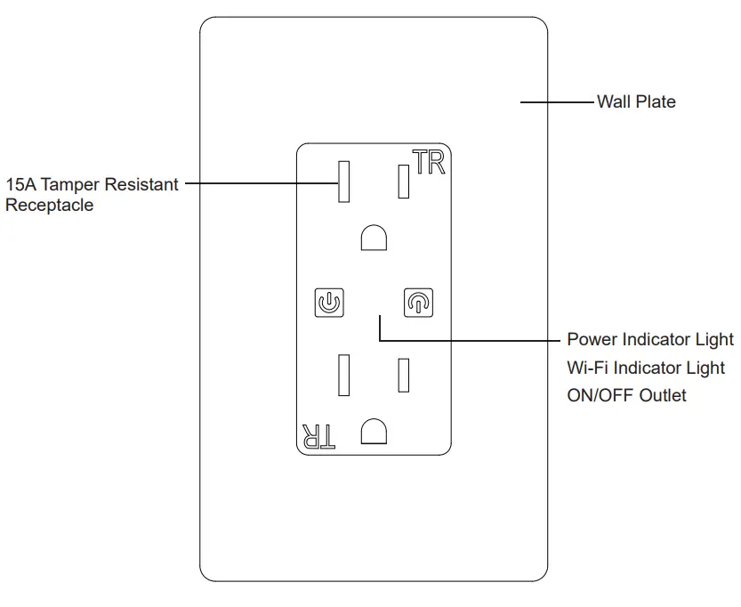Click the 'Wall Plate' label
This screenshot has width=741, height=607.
pos(635,102)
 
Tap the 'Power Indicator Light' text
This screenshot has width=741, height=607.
pos(650,340)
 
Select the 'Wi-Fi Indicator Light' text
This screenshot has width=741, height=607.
pos(645,368)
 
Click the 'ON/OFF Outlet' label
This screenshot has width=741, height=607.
pos(626,395)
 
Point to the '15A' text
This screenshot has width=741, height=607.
pos(20,185)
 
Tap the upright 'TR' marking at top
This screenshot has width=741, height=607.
pos(429,163)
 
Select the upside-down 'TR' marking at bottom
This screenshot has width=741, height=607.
pos(318,435)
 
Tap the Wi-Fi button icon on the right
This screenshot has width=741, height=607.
pos(417,303)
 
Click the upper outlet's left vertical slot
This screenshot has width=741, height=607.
pos(343,182)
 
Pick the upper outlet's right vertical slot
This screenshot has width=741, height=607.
pos(403,182)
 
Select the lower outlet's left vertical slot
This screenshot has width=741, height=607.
pos(343,375)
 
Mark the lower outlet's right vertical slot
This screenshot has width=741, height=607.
pos(403,375)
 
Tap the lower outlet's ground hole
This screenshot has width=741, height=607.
pos(374,432)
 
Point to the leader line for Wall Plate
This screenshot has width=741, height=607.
pos(557,102)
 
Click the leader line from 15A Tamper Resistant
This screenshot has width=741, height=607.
pos(258,185)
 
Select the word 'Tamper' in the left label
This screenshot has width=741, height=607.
pos(71,185)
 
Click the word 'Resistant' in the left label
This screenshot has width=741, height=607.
pos(141,185)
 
